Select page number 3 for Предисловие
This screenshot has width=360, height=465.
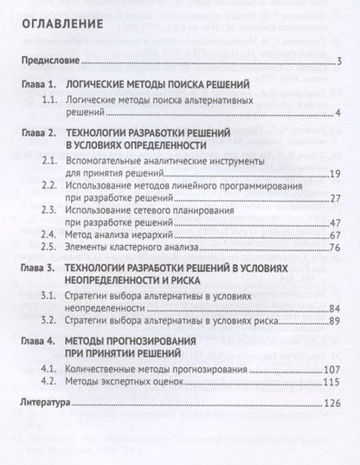pos(341,61)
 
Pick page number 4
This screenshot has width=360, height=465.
pos(341,113)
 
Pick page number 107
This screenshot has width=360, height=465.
pos(336,370)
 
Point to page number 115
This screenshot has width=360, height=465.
pos(336,383)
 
